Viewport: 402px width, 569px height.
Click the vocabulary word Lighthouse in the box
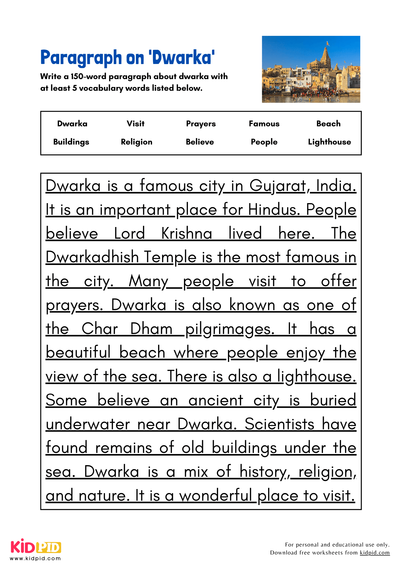click(x=329, y=142)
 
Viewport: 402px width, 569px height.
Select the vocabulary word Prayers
click(x=201, y=124)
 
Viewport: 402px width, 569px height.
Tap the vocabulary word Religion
click(x=136, y=142)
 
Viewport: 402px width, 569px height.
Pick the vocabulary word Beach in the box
click(x=328, y=123)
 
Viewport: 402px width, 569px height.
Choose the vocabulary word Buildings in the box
click(x=71, y=142)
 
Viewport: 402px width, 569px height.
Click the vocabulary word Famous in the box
click(x=264, y=123)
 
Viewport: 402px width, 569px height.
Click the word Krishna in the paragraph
click(x=187, y=234)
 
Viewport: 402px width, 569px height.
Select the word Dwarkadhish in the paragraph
click(x=92, y=257)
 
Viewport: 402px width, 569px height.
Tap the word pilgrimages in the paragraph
click(x=230, y=329)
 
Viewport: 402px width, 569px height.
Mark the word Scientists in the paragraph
click(x=279, y=424)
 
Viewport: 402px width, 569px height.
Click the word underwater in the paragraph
click(x=88, y=424)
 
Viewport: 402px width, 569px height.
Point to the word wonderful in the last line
click(x=216, y=496)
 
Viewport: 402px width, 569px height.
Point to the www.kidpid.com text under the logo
click(x=35, y=558)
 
